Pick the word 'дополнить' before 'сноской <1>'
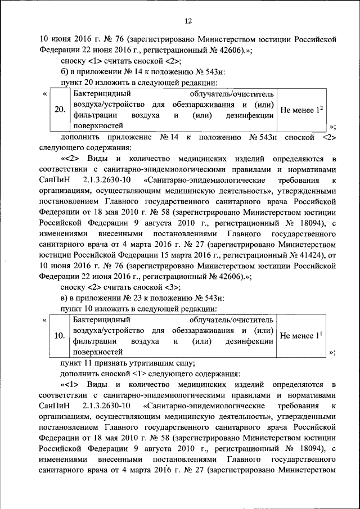[x=79, y=373]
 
